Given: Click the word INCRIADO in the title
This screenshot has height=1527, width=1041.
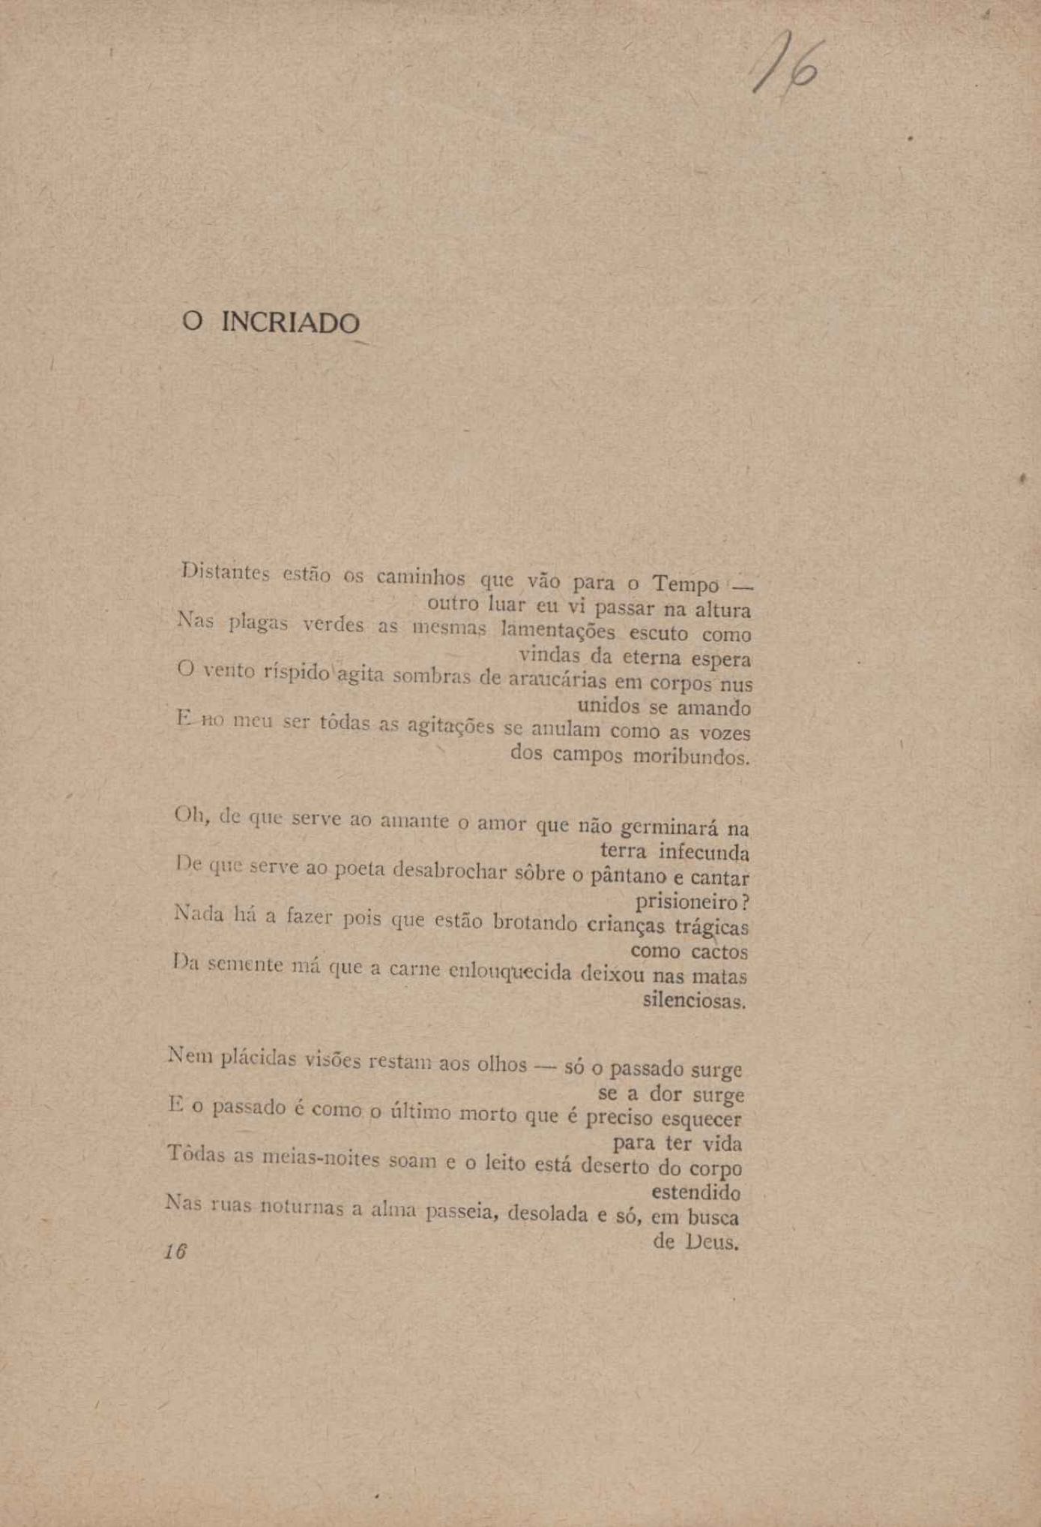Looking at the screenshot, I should coord(291,322).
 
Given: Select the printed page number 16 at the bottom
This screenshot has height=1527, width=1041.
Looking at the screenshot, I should coord(175,1251).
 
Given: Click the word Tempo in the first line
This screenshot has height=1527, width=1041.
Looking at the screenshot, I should coord(685,583).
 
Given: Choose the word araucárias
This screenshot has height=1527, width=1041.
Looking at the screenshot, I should coord(557,679).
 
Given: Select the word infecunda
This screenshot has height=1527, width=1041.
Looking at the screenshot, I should coord(704,852).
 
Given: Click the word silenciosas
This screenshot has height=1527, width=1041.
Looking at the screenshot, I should coord(694,1000).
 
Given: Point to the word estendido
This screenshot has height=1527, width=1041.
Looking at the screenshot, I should coord(695,1192).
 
